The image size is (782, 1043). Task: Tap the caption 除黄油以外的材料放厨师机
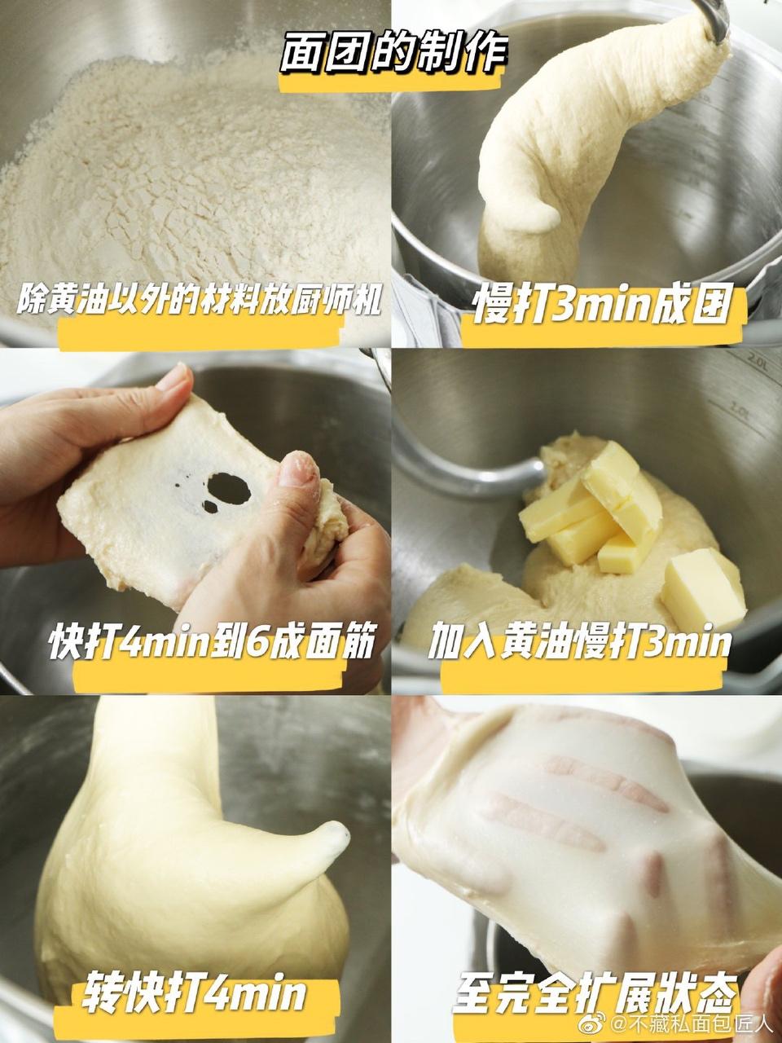coord(199,299)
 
